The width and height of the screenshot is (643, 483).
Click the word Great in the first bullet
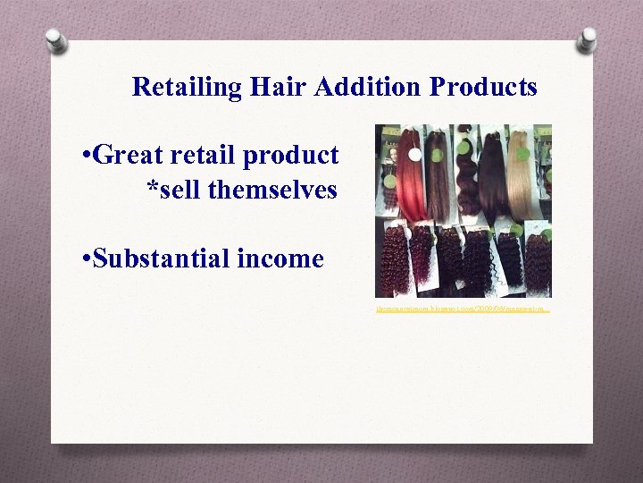pyautogui.click(x=123, y=156)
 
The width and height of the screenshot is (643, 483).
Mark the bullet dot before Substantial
pyautogui.click(x=82, y=260)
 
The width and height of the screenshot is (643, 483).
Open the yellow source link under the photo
pyautogui.click(x=462, y=309)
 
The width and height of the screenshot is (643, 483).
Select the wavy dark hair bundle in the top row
pyautogui.click(x=467, y=179)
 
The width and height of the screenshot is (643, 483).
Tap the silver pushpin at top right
pyautogui.click(x=587, y=38)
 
